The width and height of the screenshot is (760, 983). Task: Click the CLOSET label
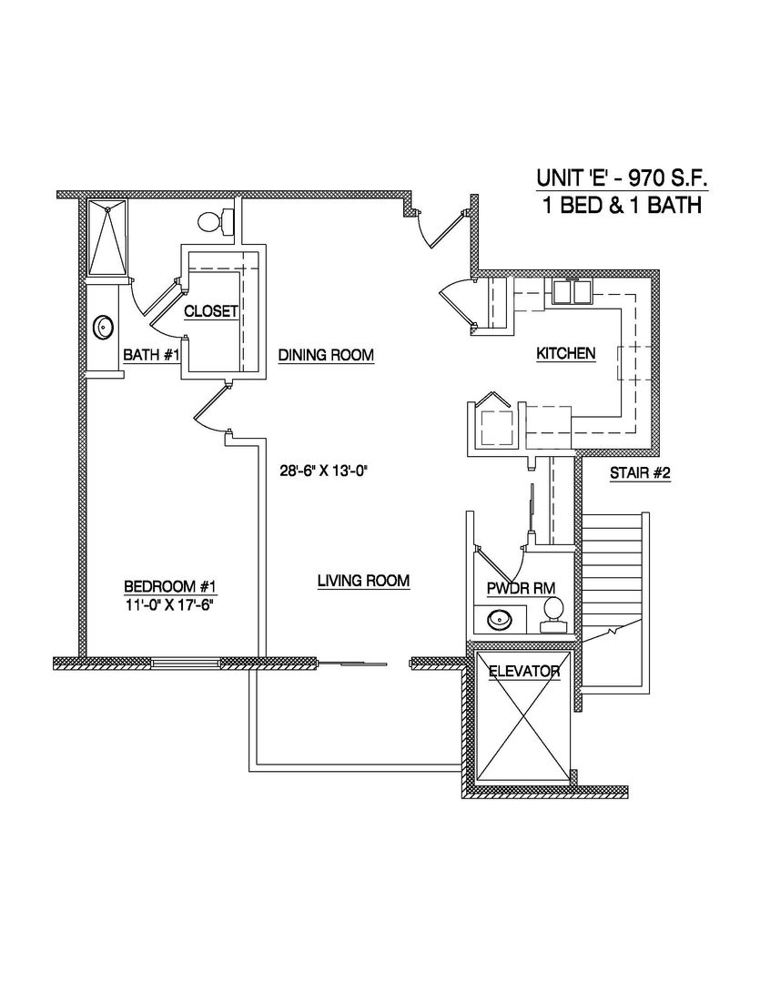coord(211,311)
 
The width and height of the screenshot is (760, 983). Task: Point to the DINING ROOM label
coord(326,355)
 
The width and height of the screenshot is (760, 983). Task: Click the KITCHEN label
coord(565,353)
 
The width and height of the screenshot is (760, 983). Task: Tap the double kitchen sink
coord(572,290)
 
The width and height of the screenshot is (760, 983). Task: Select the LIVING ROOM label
coord(363,581)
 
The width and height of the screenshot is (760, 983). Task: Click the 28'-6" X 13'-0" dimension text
coord(329,471)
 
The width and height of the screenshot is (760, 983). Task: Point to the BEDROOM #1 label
coord(169,586)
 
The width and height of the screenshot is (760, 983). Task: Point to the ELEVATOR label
coord(523,672)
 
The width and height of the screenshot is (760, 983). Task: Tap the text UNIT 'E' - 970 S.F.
coord(620,182)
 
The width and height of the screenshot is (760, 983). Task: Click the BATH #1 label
coord(148,355)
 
